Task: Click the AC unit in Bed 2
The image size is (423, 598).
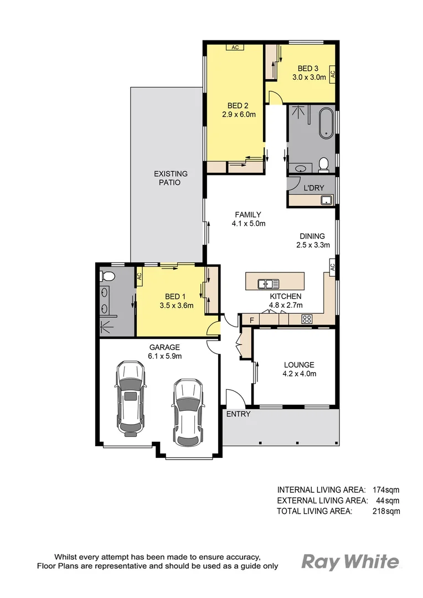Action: pyautogui.click(x=235, y=48)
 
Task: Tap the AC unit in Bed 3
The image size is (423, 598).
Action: pyautogui.click(x=332, y=74)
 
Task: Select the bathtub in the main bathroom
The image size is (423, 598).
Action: pyautogui.click(x=326, y=122)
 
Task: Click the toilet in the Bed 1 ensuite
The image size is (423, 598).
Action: pyautogui.click(x=107, y=276)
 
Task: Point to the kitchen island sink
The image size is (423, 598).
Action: pyautogui.click(x=268, y=284)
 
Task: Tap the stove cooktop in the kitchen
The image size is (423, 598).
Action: pyautogui.click(x=307, y=319)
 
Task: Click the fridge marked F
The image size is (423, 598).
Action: pyautogui.click(x=251, y=320)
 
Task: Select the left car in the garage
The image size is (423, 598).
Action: pyautogui.click(x=130, y=398)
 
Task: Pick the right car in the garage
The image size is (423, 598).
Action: pyautogui.click(x=188, y=413)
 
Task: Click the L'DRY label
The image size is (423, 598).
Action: pyautogui.click(x=313, y=188)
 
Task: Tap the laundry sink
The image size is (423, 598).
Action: pyautogui.click(x=326, y=199)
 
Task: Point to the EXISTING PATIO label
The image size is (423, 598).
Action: pyautogui.click(x=171, y=178)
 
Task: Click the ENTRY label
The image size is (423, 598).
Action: pyautogui.click(x=238, y=414)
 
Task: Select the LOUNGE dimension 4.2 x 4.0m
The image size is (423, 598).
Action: pyautogui.click(x=299, y=374)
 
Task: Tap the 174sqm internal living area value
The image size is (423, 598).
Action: pyautogui.click(x=386, y=489)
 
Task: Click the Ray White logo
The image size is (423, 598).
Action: pyautogui.click(x=350, y=562)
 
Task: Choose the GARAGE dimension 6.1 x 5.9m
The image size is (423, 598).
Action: pyautogui.click(x=164, y=356)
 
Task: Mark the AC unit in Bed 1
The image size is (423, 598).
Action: pyautogui.click(x=140, y=278)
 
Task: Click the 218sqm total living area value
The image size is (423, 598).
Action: pyautogui.click(x=386, y=511)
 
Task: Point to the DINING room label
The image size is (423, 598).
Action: pyautogui.click(x=313, y=236)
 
